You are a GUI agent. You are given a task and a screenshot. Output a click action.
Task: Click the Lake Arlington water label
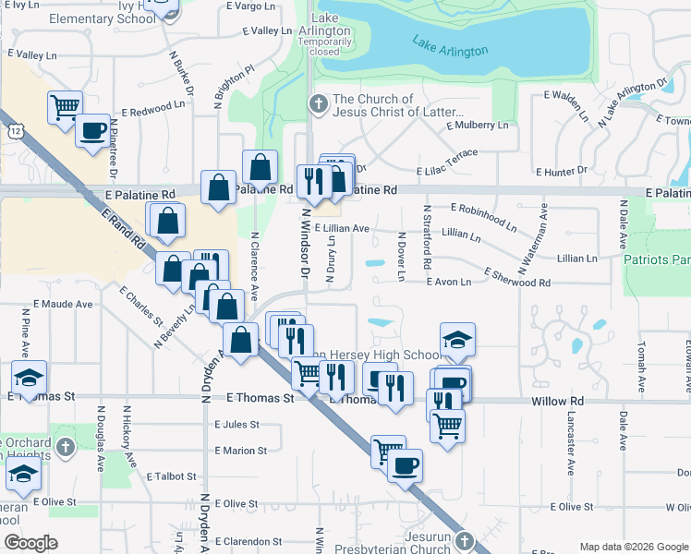point(450,46)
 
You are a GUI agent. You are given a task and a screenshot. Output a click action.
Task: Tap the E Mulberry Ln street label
point(477,126)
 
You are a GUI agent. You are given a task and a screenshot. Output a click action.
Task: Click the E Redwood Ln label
point(141,109)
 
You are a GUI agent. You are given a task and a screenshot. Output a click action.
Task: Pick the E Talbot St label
point(171,477)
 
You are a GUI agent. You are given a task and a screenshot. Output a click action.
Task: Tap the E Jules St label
point(236,425)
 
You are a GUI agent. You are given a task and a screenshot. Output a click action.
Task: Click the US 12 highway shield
point(17,136)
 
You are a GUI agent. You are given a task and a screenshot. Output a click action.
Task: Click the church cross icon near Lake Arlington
point(318,103)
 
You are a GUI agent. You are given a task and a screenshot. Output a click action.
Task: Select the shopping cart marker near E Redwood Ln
point(65,107)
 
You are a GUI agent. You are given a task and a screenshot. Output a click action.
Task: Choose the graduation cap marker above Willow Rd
point(457,340)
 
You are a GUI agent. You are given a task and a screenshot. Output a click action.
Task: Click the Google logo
point(30,543)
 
